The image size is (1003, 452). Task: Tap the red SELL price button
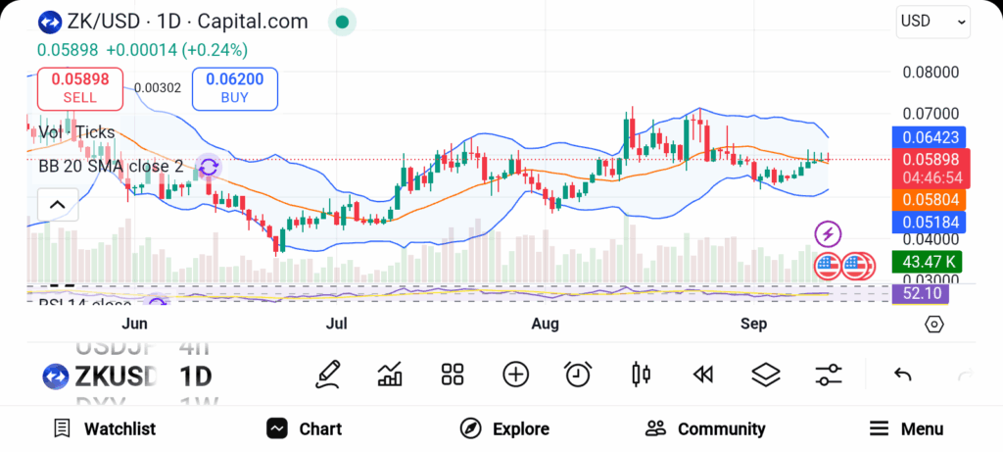tap(79, 87)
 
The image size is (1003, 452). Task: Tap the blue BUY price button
tap(235, 87)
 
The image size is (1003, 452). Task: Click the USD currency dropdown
tap(931, 22)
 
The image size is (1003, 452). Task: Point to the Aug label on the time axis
tap(545, 325)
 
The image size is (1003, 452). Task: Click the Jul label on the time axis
tap(338, 325)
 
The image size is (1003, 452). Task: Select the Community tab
tap(705, 428)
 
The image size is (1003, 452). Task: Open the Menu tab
tap(907, 428)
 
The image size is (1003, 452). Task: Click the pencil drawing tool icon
tap(328, 374)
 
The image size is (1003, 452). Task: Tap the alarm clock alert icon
tap(578, 374)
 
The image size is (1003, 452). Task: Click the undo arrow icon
tap(903, 374)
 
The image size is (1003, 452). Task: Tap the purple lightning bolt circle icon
tap(829, 234)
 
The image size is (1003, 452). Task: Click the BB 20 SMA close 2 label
tap(111, 167)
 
